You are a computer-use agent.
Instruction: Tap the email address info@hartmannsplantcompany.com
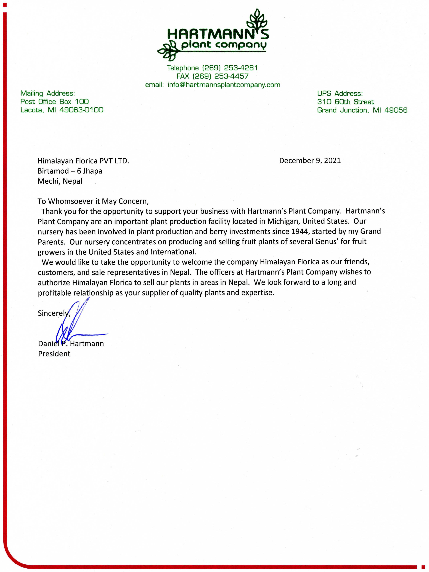[224, 85]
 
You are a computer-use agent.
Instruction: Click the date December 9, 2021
[310, 161]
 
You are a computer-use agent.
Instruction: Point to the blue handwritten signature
[75, 323]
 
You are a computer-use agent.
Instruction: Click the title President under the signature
[54, 354]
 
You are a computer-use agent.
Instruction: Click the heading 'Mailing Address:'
[48, 93]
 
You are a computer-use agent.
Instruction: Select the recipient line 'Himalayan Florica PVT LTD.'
[83, 161]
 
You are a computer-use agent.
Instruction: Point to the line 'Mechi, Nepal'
[60, 181]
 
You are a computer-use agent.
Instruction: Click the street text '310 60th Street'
[345, 102]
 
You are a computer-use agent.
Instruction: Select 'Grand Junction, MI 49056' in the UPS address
[362, 110]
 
